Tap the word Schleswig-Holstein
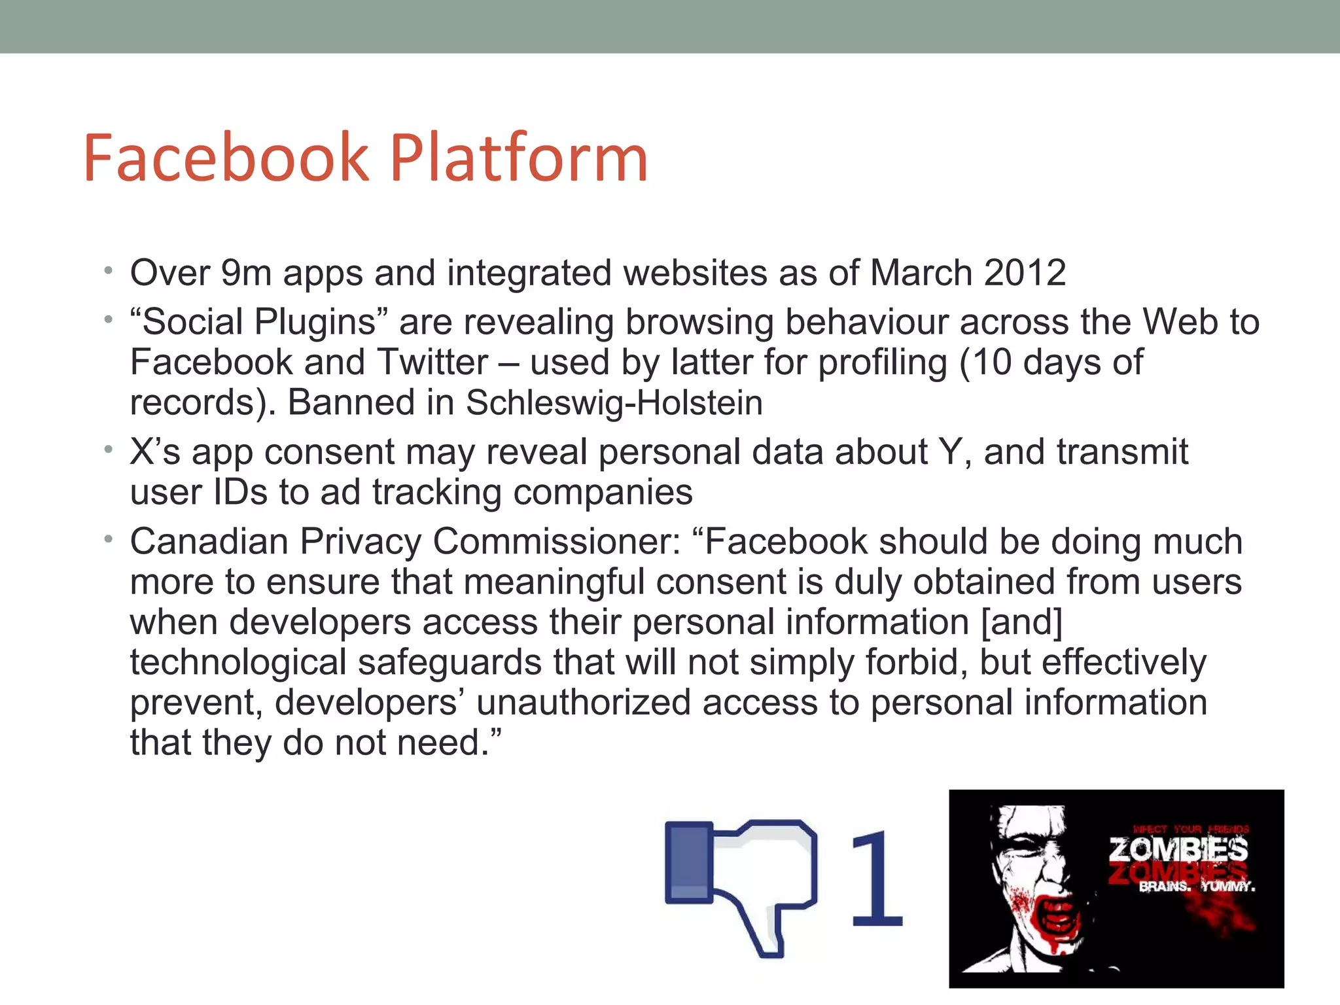614,402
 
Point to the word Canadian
209,542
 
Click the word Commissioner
557,542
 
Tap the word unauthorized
583,703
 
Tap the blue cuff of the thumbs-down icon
688,862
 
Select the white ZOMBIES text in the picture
1178,850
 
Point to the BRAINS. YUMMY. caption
1197,887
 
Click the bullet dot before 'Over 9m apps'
109,270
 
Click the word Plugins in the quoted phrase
315,322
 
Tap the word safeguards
450,662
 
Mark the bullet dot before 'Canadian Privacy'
109,540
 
